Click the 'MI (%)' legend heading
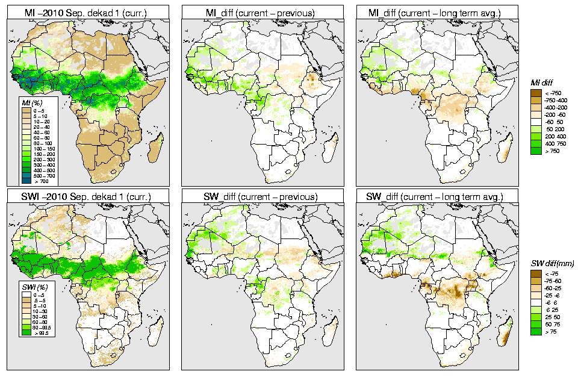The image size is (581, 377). (29, 104)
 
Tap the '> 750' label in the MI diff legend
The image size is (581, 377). (551, 151)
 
